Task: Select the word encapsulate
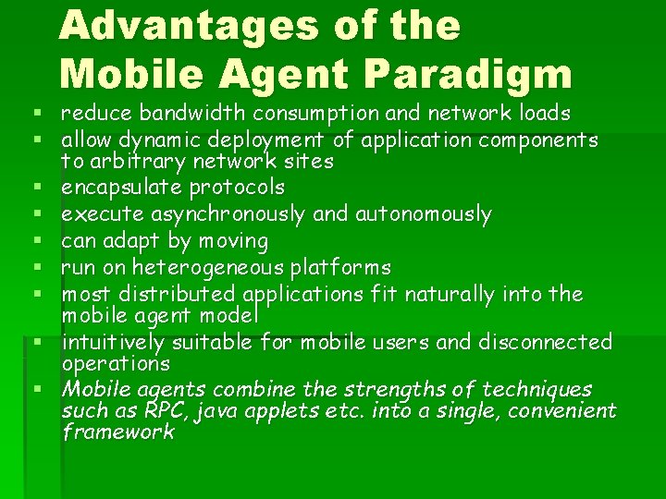tap(122, 188)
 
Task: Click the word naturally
tap(450, 295)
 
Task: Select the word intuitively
tap(117, 343)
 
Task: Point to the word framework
tap(117, 432)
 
